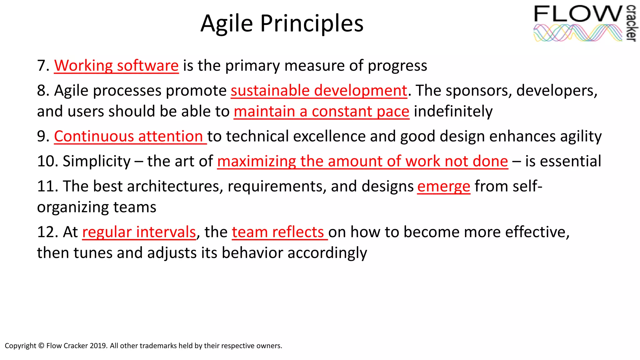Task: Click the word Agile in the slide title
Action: click(x=226, y=24)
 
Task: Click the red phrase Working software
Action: click(x=116, y=66)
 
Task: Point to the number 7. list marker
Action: click(x=43, y=66)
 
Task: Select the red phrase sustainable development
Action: click(x=319, y=91)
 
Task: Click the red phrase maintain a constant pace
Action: click(x=321, y=112)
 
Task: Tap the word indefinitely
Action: click(x=453, y=112)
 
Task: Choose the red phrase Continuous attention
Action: click(x=129, y=137)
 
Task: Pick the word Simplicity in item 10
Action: click(x=97, y=162)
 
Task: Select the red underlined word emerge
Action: click(x=443, y=187)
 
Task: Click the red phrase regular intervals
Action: click(x=139, y=232)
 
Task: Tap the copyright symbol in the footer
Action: click(x=41, y=346)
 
